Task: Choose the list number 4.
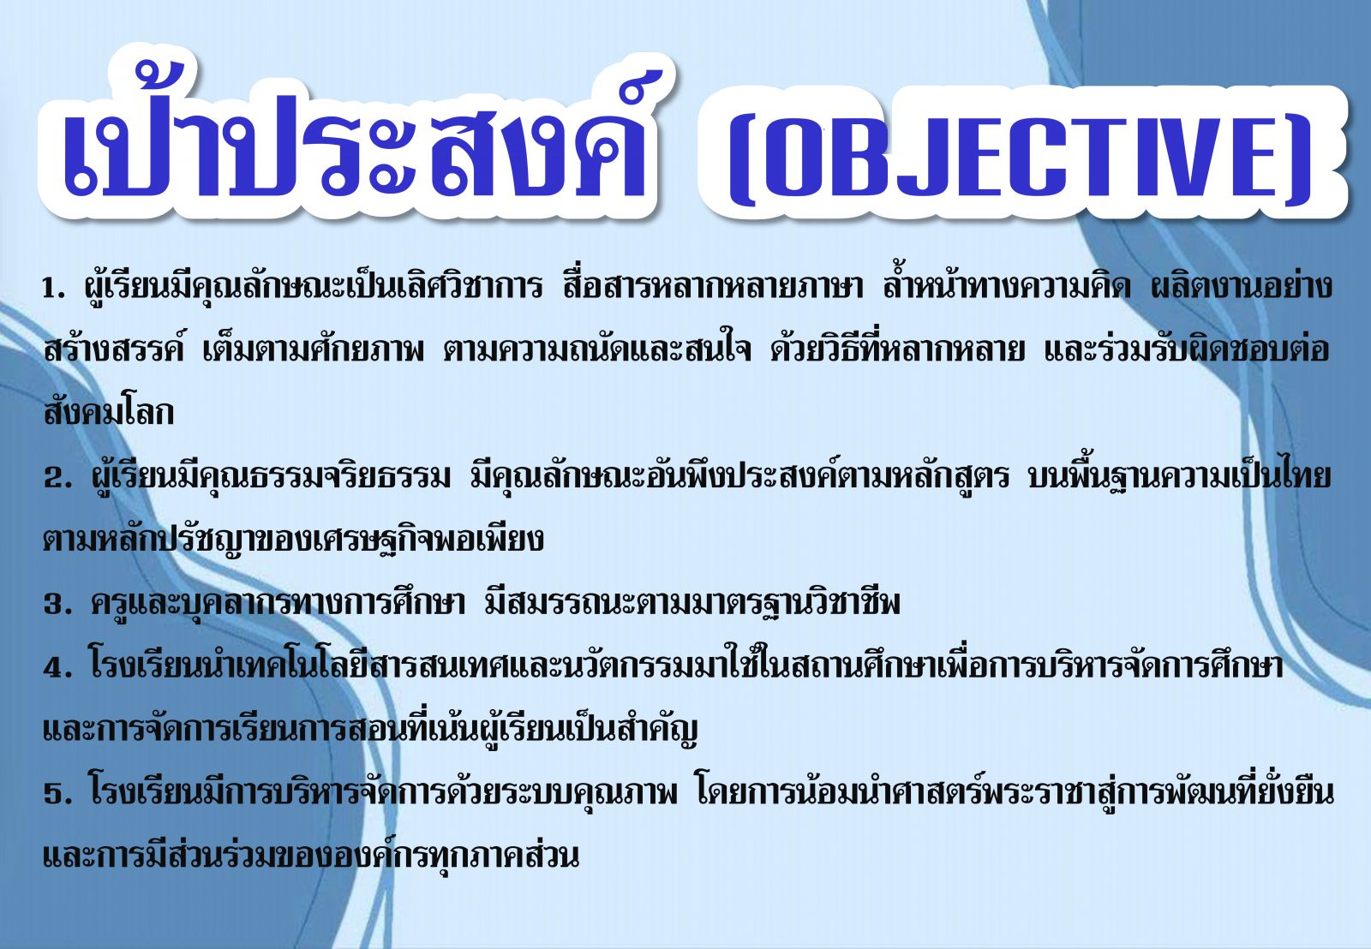click(57, 668)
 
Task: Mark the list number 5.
click(57, 794)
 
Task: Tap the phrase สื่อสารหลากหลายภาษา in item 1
click(715, 286)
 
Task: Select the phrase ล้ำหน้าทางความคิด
click(1007, 286)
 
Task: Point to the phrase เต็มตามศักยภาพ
click(314, 349)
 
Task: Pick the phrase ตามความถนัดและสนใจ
click(597, 349)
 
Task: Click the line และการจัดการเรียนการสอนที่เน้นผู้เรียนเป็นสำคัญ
click(371, 729)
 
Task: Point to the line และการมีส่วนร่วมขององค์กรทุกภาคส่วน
click(311, 855)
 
